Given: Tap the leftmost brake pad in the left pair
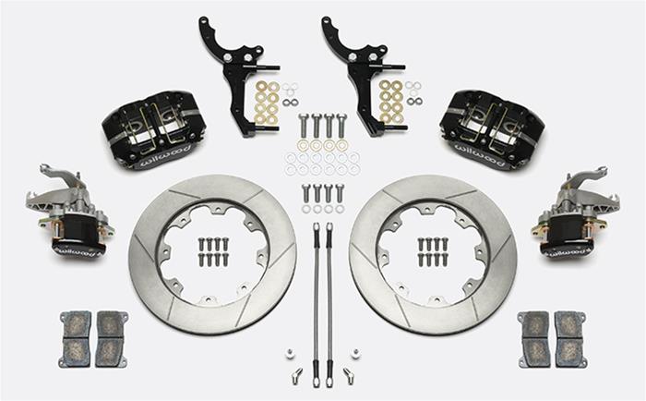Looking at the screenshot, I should (76, 338).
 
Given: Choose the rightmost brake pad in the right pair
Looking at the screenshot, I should (569, 338).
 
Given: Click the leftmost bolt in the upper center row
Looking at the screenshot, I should (304, 126).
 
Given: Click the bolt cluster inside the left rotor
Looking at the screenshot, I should (212, 251).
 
